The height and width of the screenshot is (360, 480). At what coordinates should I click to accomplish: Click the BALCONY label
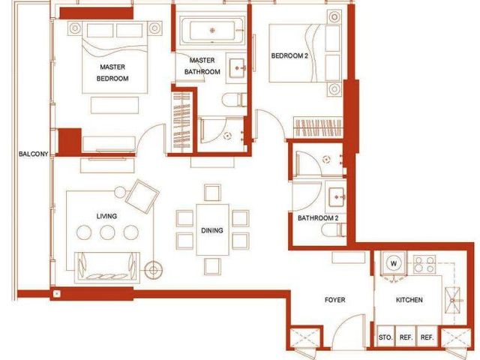(x=33, y=154)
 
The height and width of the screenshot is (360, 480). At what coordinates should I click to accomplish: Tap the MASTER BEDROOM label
(x=112, y=73)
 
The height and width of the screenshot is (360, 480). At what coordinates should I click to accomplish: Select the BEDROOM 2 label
(x=289, y=55)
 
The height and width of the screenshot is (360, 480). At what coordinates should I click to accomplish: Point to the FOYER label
(x=335, y=300)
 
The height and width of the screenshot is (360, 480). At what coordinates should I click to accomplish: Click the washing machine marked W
(x=394, y=263)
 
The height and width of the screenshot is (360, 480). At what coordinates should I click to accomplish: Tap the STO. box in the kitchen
(x=385, y=337)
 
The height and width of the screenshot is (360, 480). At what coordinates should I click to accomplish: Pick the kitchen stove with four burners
(x=424, y=264)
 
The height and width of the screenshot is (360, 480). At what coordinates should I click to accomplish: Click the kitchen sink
(x=453, y=300)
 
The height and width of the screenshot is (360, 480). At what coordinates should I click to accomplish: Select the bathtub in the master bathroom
(x=212, y=31)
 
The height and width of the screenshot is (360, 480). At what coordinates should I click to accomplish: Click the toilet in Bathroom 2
(x=333, y=229)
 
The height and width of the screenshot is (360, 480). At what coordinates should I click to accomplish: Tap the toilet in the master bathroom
(x=234, y=100)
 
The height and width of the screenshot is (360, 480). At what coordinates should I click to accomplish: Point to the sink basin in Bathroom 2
(x=337, y=196)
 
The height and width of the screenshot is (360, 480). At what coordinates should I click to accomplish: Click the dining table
(x=212, y=229)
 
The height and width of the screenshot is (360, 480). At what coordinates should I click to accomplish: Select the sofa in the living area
(x=107, y=267)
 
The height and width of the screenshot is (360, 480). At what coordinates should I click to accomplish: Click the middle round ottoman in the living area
(x=107, y=232)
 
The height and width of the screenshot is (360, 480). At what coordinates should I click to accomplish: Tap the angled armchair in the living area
(x=142, y=196)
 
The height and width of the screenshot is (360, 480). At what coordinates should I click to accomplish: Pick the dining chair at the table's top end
(x=212, y=193)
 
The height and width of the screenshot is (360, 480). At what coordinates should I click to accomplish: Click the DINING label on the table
(x=211, y=230)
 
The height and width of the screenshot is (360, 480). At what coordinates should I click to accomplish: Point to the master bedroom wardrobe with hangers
(x=181, y=121)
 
